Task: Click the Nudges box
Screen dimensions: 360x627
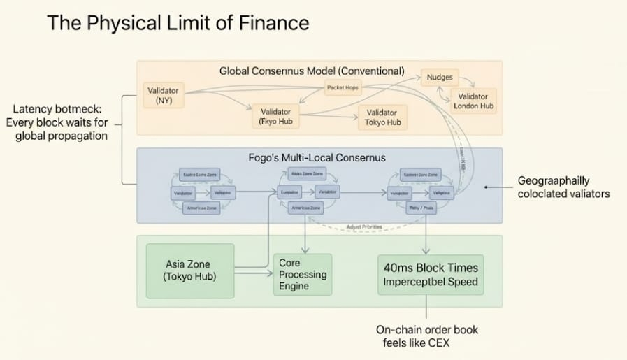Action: [440, 78]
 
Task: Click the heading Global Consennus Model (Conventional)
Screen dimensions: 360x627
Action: [312, 71]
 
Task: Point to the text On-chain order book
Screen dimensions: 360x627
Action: [427, 329]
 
